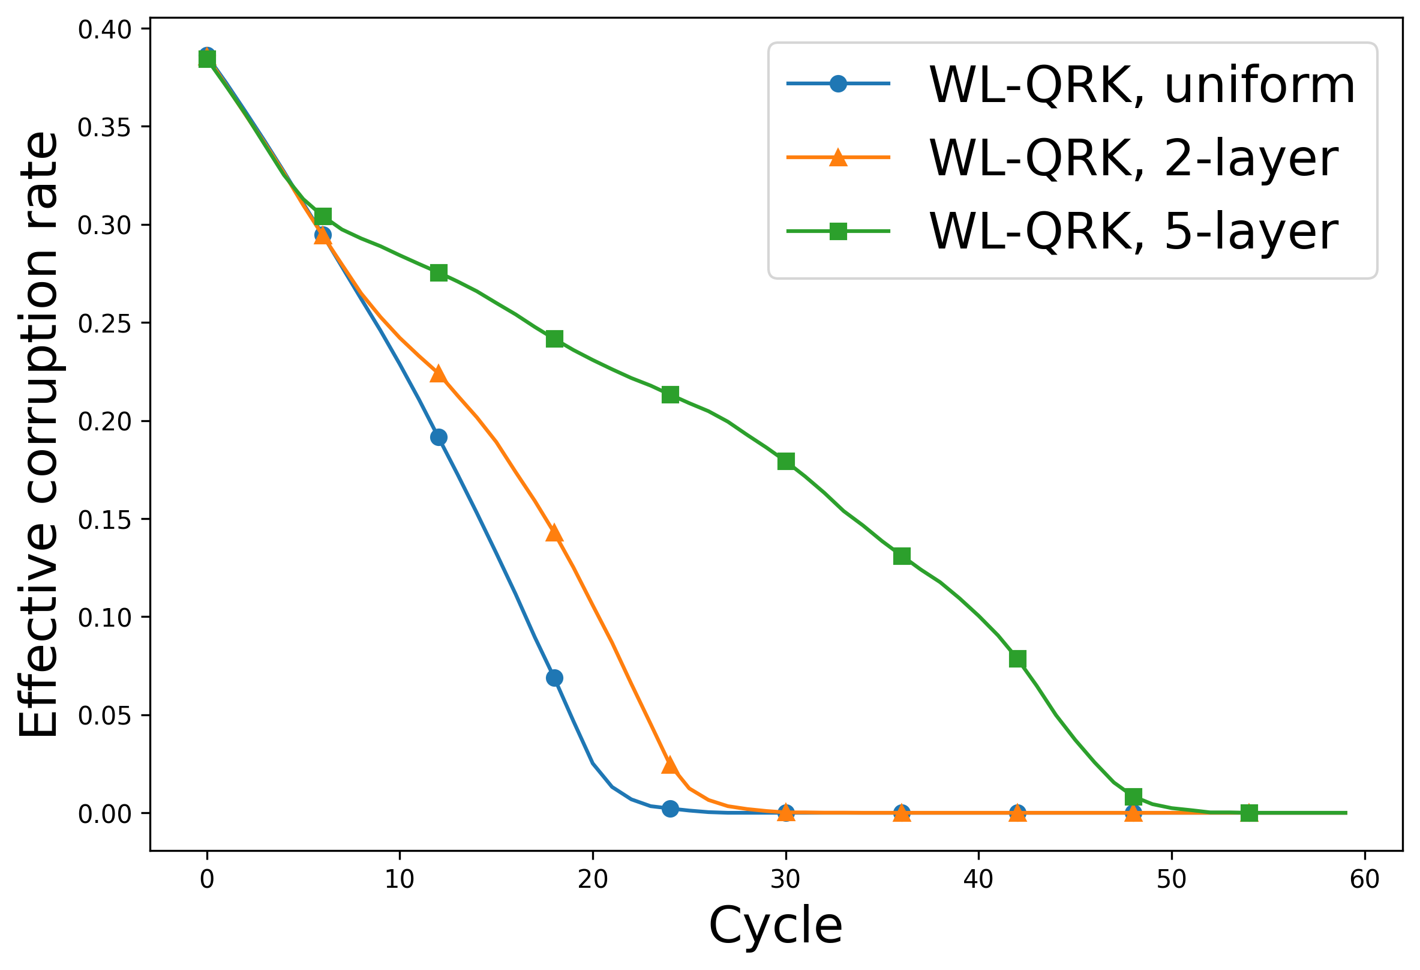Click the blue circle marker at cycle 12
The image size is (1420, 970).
pyautogui.click(x=439, y=438)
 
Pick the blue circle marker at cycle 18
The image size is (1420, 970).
pyautogui.click(x=555, y=678)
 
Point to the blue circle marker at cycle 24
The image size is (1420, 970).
pyautogui.click(x=670, y=809)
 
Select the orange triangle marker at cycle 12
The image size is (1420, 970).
pyautogui.click(x=439, y=375)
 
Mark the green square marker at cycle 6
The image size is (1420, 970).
pyautogui.click(x=323, y=216)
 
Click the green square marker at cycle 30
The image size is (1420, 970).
pyautogui.click(x=786, y=462)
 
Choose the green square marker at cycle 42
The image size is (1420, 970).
pyautogui.click(x=1018, y=659)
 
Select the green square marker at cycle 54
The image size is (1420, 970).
pyautogui.click(x=1250, y=813)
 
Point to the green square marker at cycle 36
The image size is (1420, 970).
pyautogui.click(x=902, y=556)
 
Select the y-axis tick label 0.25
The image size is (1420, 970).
pyautogui.click(x=104, y=324)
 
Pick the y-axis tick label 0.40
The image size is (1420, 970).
pyautogui.click(x=104, y=30)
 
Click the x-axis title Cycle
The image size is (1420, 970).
pyautogui.click(x=775, y=926)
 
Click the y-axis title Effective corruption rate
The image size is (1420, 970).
pyautogui.click(x=38, y=434)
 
